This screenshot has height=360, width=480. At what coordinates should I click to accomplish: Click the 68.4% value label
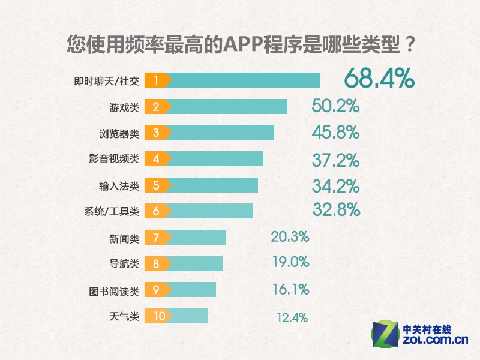379,79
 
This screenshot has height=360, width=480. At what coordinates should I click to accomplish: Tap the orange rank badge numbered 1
157,80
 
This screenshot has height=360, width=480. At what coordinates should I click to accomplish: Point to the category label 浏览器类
119,133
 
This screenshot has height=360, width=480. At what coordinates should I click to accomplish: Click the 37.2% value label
335,160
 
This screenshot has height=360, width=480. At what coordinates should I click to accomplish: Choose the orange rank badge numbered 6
157,211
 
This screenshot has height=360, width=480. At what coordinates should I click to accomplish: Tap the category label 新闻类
124,238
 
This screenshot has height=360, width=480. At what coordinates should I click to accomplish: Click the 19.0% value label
290,262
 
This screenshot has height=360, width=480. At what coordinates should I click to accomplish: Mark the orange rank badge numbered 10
158,316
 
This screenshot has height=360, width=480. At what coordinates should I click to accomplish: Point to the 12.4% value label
292,317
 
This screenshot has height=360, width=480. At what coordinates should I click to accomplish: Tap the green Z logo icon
386,334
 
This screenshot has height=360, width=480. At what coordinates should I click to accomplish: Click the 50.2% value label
335,106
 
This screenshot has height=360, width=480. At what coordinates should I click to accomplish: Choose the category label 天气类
124,316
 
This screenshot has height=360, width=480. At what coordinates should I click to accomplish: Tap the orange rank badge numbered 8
157,264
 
